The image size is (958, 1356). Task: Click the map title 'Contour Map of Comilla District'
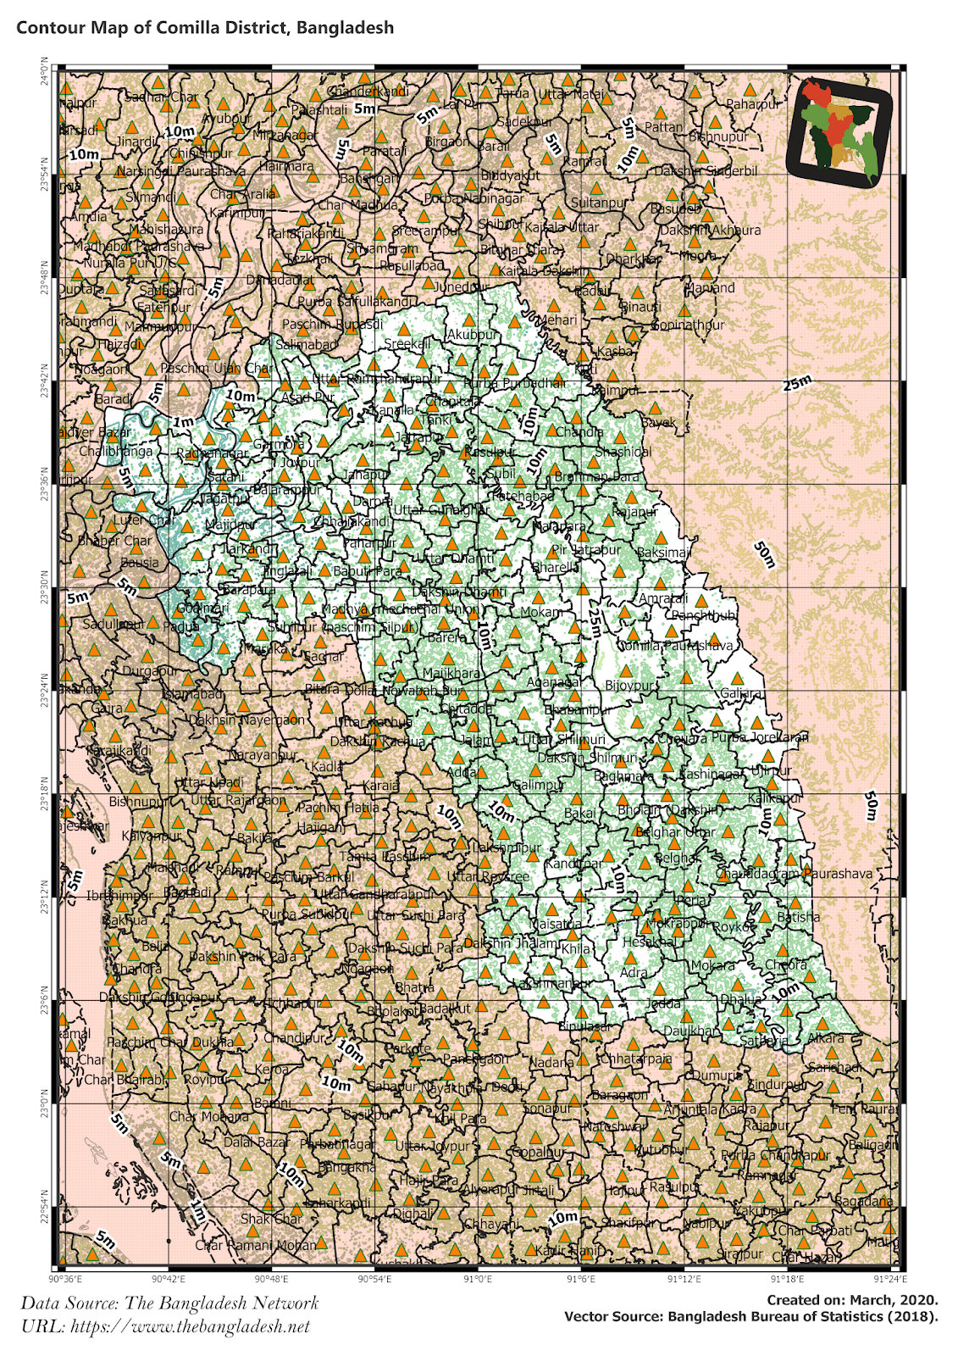pos(205,27)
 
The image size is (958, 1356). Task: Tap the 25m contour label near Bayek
pos(797,383)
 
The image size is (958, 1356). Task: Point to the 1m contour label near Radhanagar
pos(183,422)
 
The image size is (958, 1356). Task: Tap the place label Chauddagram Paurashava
pos(794,873)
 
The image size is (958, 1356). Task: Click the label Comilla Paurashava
pos(675,645)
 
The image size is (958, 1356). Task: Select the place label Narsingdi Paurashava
pos(180,171)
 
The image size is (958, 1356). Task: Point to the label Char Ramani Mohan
pos(256,1245)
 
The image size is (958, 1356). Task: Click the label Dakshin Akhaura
pos(710,230)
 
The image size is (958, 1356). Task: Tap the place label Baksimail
pos(664,553)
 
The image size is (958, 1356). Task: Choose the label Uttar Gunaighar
pos(441,509)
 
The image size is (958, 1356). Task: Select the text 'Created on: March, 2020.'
pos(852,1299)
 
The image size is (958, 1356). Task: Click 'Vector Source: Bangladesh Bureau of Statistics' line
pos(750,1316)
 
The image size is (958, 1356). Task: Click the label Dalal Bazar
pos(257,1142)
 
